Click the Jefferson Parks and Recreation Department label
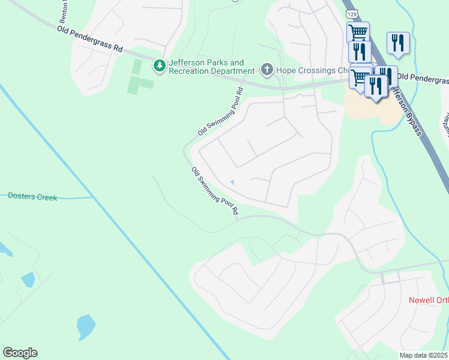(x=206, y=67)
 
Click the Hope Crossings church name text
(x=311, y=70)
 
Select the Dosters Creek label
(x=32, y=197)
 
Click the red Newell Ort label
(x=428, y=300)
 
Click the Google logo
(x=20, y=353)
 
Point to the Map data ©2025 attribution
(x=423, y=355)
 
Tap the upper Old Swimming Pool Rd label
(x=220, y=112)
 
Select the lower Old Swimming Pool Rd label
(x=215, y=191)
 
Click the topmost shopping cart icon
(x=358, y=32)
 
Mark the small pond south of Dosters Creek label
(x=28, y=279)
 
